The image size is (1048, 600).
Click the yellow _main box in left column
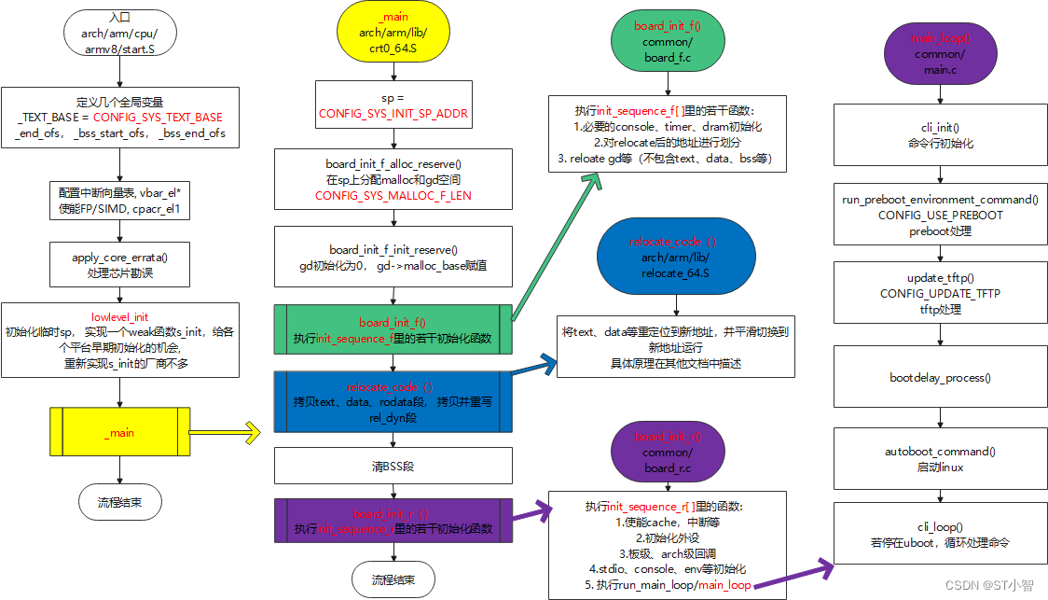119,432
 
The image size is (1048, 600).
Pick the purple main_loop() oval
939,55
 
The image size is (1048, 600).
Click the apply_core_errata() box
119,264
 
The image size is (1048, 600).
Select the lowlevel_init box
119,340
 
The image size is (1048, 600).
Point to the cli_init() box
939,136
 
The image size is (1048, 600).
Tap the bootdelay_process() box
939,378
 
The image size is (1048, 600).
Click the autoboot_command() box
939,458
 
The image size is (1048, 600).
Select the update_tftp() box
939,293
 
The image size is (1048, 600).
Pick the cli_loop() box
939,534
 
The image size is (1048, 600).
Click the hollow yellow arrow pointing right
239,432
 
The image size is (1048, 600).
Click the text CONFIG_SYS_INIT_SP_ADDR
393,114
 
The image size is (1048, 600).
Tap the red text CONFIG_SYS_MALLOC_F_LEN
393,196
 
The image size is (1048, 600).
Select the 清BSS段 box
393,465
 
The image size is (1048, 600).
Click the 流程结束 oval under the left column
119,501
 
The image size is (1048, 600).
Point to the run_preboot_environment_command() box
939,214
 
